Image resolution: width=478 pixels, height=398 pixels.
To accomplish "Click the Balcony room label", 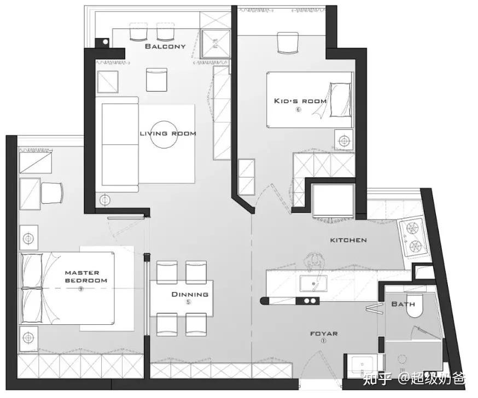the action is click(165, 46).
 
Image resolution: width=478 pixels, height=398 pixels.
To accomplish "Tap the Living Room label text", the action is click(168, 133).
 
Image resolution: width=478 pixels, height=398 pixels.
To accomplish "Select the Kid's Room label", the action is click(300, 101).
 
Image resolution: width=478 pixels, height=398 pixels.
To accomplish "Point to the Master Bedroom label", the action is click(86, 277).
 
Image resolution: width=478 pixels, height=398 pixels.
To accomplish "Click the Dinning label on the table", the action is click(190, 294).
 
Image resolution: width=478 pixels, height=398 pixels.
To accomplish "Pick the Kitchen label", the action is click(348, 240).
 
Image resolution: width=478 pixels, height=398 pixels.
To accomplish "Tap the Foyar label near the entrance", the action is click(324, 334).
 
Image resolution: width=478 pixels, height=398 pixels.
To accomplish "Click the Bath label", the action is click(403, 304).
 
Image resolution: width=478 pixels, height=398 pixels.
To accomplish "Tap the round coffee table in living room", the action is click(165, 134).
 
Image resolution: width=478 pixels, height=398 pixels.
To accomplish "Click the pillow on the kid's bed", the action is click(340, 99).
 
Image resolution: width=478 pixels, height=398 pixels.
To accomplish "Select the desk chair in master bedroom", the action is click(52, 193).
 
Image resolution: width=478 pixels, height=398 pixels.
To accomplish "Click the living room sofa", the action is click(117, 145).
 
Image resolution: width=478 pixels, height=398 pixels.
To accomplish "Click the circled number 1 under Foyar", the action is click(323, 341).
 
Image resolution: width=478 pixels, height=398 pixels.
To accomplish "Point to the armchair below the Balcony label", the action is click(157, 80).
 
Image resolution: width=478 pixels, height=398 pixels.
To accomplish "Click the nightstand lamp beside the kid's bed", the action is click(344, 141).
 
